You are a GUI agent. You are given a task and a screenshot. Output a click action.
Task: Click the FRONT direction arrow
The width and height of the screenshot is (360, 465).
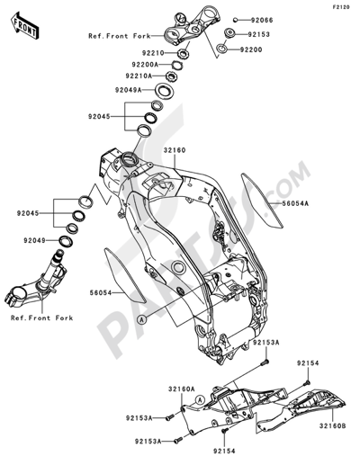coord(24,26)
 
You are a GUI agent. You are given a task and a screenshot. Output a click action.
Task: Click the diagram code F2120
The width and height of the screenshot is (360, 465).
coord(341,7)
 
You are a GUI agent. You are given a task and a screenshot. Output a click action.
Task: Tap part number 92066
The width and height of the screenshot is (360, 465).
coord(262,20)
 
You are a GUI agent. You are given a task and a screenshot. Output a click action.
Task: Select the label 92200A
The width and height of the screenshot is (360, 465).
coord(146,65)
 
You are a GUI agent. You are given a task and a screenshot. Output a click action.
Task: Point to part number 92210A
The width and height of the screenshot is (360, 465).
coord(139,76)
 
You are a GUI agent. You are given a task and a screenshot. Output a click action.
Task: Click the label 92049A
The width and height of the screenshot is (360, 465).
coord(128,90)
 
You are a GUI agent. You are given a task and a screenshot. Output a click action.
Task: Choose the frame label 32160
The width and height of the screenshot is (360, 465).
coord(175,150)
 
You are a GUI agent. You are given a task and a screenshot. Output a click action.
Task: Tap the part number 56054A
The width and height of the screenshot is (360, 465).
coord(295,203)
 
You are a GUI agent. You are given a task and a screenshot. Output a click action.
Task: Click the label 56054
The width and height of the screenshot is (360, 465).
coord(101,292)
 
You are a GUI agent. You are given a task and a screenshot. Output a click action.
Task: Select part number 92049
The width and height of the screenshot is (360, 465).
coord(35,240)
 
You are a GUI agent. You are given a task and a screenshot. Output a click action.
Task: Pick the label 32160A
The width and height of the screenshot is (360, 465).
coord(182,389)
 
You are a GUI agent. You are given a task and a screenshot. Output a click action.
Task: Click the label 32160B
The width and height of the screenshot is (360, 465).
coord(332,425)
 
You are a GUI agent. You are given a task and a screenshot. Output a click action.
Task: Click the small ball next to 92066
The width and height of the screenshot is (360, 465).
coord(236,20)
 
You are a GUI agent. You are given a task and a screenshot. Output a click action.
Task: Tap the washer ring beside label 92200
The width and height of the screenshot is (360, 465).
coord(222,49)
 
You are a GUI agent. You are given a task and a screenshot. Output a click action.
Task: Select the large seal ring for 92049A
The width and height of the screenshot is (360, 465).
coord(164,91)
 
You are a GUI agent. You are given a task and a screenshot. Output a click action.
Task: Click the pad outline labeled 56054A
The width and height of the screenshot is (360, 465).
coord(262,200)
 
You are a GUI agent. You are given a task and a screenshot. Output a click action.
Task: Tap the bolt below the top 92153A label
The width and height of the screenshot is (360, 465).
coord(265,362)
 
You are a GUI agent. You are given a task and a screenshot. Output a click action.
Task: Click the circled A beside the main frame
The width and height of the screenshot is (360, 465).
coord(141,319)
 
